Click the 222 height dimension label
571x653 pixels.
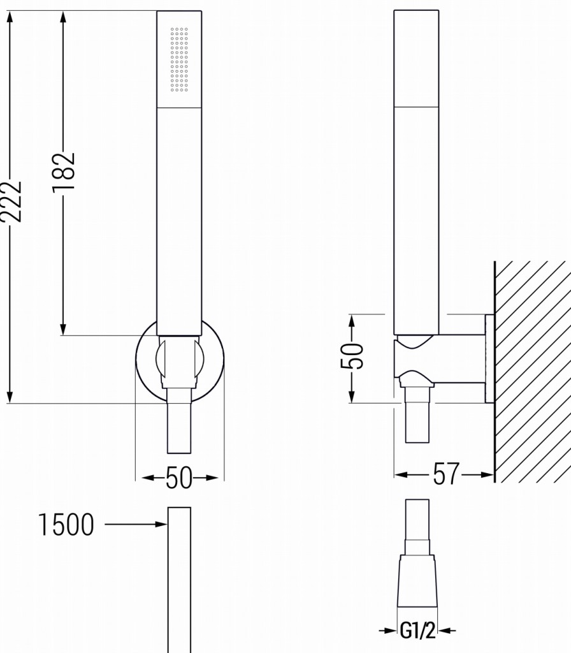[12, 202]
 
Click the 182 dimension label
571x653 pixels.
[64, 171]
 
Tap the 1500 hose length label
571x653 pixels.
[66, 525]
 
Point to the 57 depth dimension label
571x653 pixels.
[445, 474]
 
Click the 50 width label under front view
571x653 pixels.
[179, 478]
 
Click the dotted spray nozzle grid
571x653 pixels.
[180, 59]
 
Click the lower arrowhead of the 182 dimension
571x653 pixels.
[64, 328]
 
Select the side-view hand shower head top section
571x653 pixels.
[416, 57]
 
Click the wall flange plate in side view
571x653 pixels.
[489, 358]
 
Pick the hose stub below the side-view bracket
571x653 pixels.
[417, 421]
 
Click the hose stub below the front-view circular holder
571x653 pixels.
[179, 427]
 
